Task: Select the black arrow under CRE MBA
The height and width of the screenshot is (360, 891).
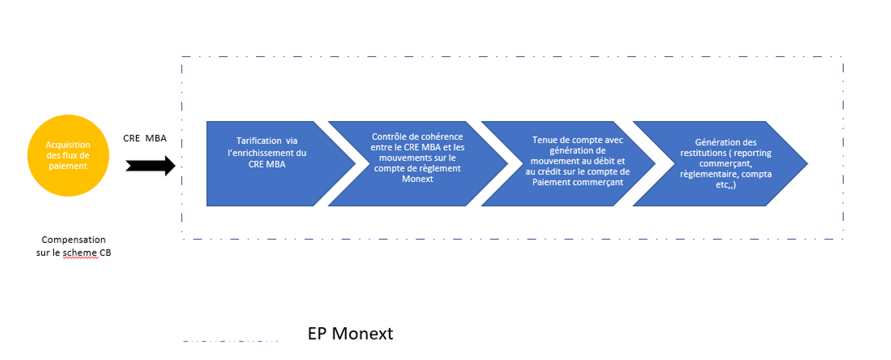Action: click(x=151, y=165)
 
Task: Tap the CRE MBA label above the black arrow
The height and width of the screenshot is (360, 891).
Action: click(x=144, y=139)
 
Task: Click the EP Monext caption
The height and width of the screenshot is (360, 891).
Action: click(x=350, y=333)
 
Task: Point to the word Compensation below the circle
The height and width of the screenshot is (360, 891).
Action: click(x=74, y=240)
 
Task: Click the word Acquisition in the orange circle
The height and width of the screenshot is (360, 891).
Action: click(x=68, y=144)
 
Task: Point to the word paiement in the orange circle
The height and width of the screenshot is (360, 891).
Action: click(x=68, y=166)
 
